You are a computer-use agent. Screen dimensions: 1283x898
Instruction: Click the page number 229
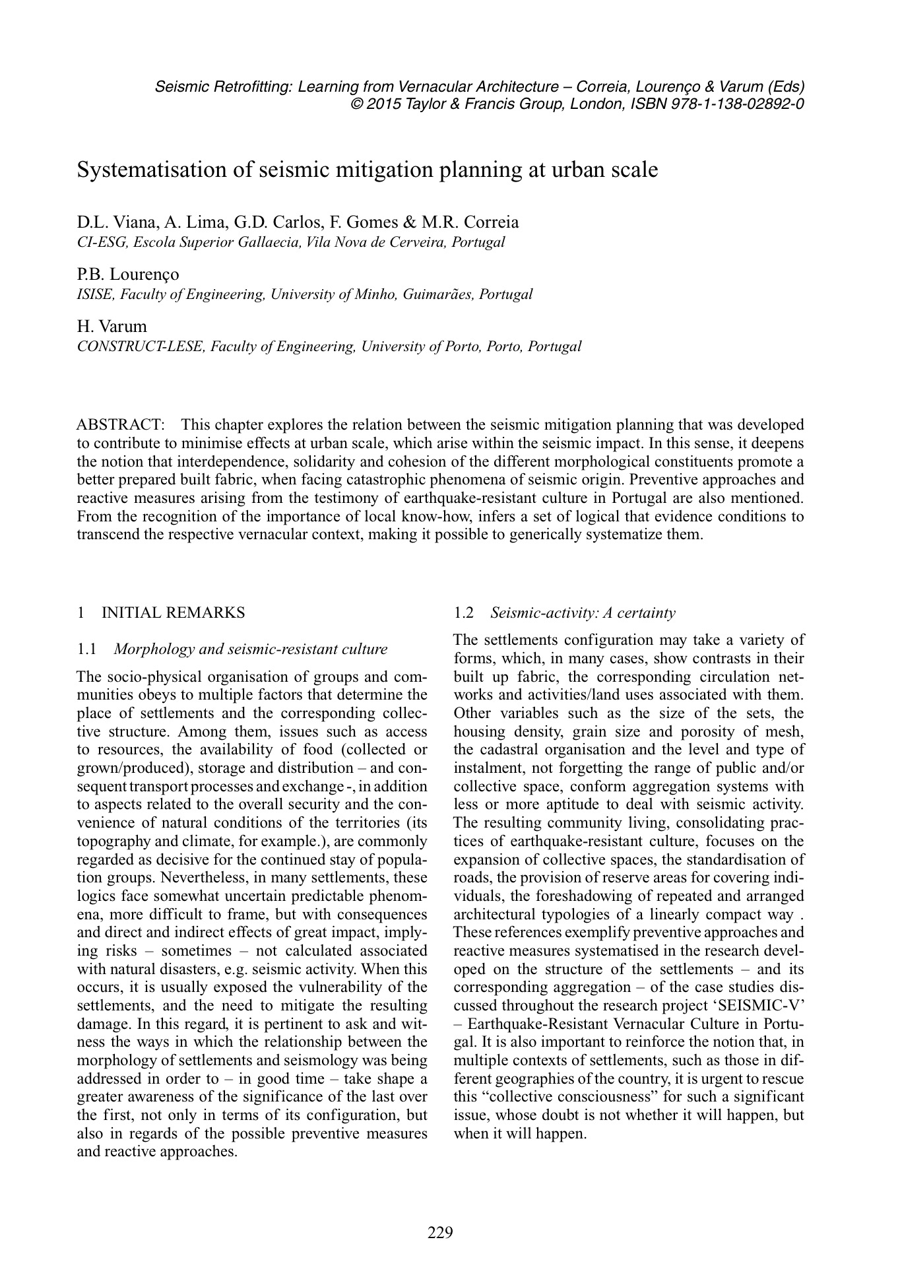coord(440,1232)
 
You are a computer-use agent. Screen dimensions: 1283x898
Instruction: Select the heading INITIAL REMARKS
coord(173,612)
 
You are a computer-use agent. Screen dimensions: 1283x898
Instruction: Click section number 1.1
coord(86,649)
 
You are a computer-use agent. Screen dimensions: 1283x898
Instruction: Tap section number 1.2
coord(464,612)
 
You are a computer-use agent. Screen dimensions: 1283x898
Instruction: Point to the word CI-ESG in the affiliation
coord(103,242)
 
